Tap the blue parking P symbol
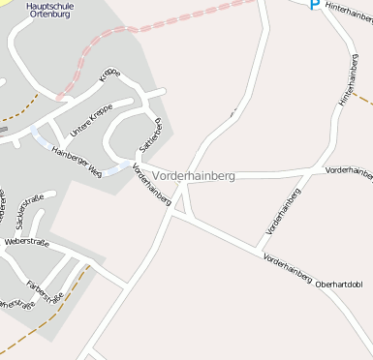click(314, 5)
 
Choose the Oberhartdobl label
click(339, 285)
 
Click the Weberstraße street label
click(27, 241)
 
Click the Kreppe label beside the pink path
click(109, 77)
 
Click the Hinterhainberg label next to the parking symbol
click(349, 14)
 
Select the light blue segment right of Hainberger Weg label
click(115, 170)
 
